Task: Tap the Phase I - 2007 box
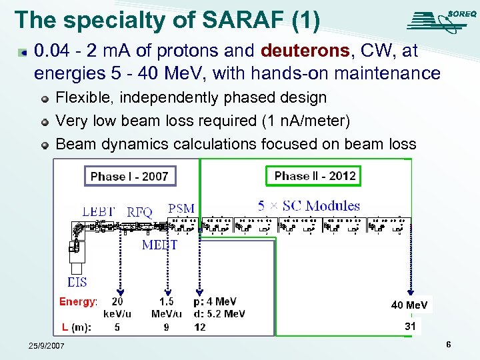pos(130,176)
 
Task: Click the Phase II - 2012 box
pos(315,176)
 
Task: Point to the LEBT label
pos(99,211)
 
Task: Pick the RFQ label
pos(140,212)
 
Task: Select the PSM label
pos(181,208)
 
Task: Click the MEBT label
pos(159,245)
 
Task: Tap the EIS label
pos(77,282)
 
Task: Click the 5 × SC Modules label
pos(309,206)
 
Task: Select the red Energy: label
pos(78,302)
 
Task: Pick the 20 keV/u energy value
pos(117,307)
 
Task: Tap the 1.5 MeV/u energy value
pos(166,307)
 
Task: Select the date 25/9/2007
pos(47,346)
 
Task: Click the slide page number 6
pos(449,345)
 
